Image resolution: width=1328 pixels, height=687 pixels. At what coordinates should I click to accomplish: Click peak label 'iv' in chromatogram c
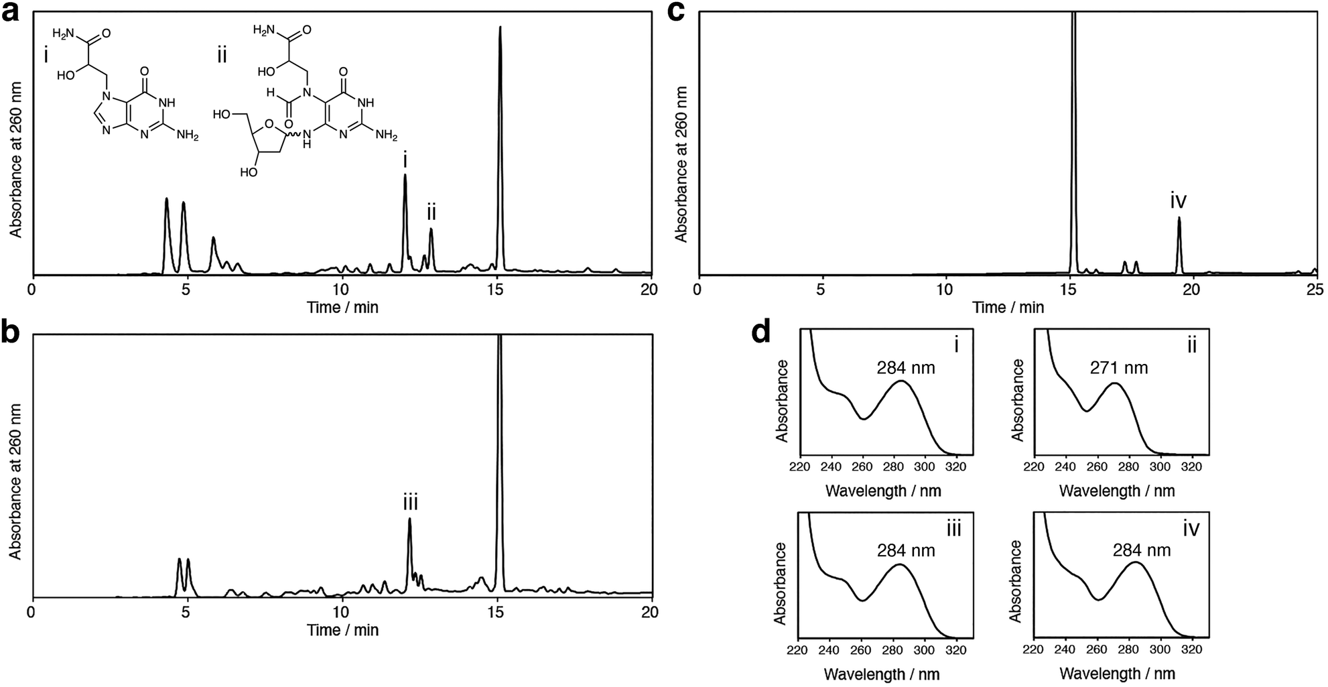1178,200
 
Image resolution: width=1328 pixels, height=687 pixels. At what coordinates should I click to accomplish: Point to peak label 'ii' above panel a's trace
431,213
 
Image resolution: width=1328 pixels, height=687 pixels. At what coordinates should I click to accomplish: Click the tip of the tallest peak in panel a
500,28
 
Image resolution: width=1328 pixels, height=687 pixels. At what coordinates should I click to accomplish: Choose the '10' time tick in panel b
340,612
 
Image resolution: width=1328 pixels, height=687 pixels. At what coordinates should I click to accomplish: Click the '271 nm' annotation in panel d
1118,367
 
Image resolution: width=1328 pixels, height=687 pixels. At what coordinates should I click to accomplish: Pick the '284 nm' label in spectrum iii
906,550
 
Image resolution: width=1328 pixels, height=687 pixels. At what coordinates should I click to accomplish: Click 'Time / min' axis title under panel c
1008,307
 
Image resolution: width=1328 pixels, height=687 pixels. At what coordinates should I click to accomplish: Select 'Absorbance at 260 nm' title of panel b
15,481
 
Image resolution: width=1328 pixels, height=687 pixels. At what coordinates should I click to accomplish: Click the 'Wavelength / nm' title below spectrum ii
1117,491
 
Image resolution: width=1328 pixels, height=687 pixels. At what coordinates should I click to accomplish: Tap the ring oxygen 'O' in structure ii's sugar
269,125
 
